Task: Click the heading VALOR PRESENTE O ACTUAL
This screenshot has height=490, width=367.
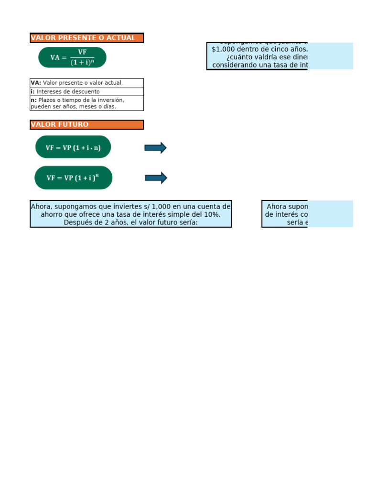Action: pyautogui.click(x=83, y=38)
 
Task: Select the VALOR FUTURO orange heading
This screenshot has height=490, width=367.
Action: pyautogui.click(x=60, y=124)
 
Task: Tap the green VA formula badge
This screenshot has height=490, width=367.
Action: pyautogui.click(x=72, y=57)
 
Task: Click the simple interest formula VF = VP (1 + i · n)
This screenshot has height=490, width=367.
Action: pyautogui.click(x=73, y=147)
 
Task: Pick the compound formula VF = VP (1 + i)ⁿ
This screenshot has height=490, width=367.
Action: pyautogui.click(x=73, y=178)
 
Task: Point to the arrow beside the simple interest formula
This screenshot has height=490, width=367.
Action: pyautogui.click(x=155, y=148)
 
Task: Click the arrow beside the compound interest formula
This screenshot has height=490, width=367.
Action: pyautogui.click(x=156, y=178)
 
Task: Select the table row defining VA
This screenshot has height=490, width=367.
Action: pyautogui.click(x=86, y=83)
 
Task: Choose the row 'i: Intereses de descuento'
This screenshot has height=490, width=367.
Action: pyautogui.click(x=86, y=91)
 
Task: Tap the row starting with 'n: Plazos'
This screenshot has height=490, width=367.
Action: pyautogui.click(x=86, y=103)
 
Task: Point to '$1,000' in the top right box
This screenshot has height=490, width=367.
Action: pyautogui.click(x=222, y=49)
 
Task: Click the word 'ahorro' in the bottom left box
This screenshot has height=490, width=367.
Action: pyautogui.click(x=52, y=214)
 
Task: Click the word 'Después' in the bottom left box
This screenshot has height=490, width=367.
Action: pyautogui.click(x=77, y=223)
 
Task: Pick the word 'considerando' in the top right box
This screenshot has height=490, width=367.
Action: pyautogui.click(x=235, y=65)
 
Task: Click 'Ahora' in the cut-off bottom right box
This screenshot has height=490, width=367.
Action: pyautogui.click(x=277, y=206)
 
